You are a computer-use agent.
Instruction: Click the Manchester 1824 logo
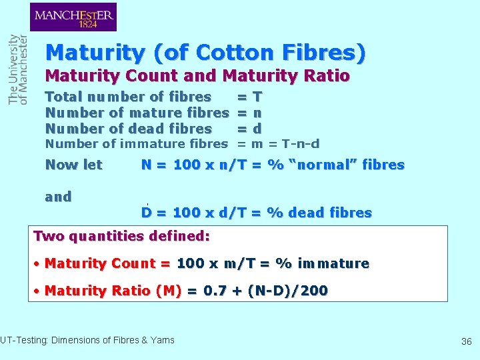click(73, 17)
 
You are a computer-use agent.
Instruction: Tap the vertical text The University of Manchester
click(18, 69)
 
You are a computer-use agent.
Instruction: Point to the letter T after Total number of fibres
click(257, 97)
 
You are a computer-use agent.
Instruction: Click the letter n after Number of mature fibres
click(257, 113)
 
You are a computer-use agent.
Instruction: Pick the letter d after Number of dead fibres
click(257, 129)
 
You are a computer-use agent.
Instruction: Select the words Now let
click(73, 165)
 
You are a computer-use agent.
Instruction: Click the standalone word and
click(58, 197)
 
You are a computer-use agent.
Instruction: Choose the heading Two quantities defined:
click(121, 236)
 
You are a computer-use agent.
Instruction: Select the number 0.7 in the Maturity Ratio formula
click(214, 291)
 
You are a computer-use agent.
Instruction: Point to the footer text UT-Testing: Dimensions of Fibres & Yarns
click(87, 341)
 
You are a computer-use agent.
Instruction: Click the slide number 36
click(466, 341)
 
